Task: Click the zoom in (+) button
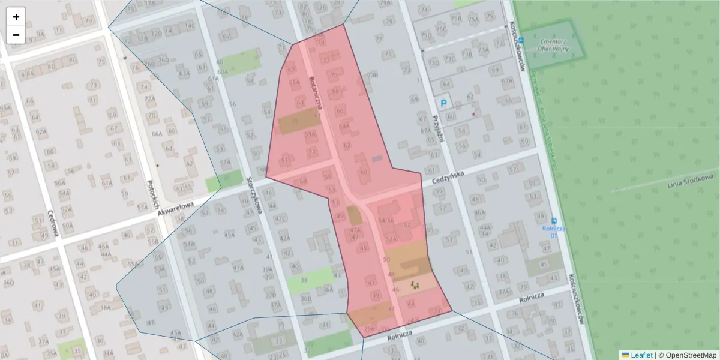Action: click(16, 17)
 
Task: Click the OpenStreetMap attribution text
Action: click(690, 355)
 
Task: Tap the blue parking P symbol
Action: click(444, 103)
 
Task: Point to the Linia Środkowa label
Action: click(691, 181)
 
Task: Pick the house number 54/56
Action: click(386, 221)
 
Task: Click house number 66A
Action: click(157, 134)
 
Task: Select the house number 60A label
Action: click(223, 71)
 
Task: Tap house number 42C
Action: click(280, 218)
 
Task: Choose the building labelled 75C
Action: click(442, 29)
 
